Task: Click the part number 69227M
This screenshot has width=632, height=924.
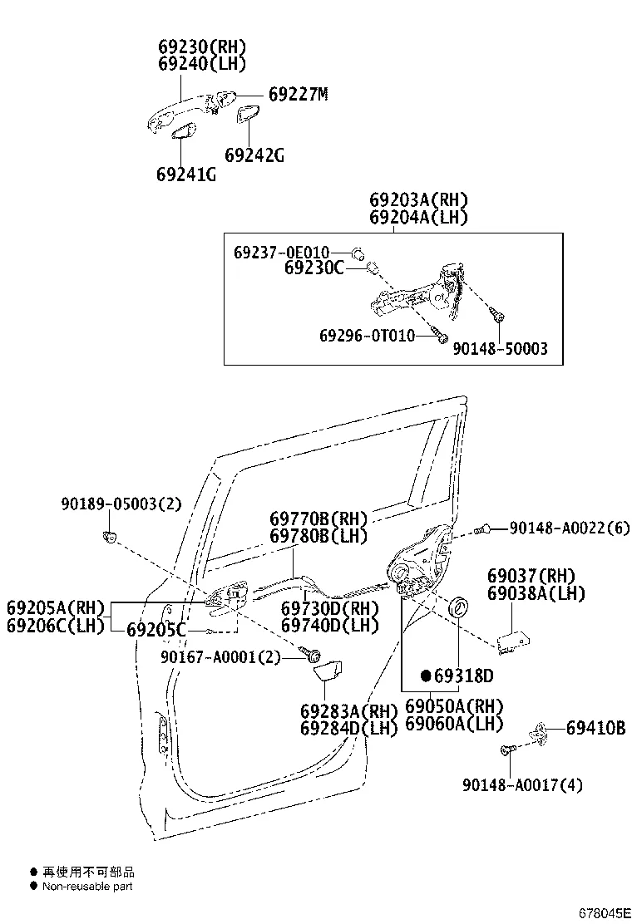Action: click(x=298, y=95)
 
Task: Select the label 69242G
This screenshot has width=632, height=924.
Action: click(x=254, y=155)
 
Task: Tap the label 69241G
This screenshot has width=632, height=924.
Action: click(x=185, y=174)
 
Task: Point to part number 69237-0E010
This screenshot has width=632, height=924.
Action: click(x=281, y=252)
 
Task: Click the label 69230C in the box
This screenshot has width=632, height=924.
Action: click(x=314, y=268)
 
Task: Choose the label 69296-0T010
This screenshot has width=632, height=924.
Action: click(x=367, y=335)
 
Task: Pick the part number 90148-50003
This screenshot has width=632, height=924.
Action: click(x=500, y=349)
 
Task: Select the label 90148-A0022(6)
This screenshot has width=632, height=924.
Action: click(x=570, y=527)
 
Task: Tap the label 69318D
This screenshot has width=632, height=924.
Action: click(x=463, y=675)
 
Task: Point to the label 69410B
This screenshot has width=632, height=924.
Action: click(x=595, y=728)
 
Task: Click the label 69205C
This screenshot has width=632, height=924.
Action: click(x=156, y=630)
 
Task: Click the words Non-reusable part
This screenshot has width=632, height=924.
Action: click(x=87, y=886)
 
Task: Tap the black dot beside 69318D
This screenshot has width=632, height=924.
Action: click(x=425, y=675)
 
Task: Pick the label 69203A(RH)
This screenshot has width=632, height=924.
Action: click(x=418, y=200)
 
